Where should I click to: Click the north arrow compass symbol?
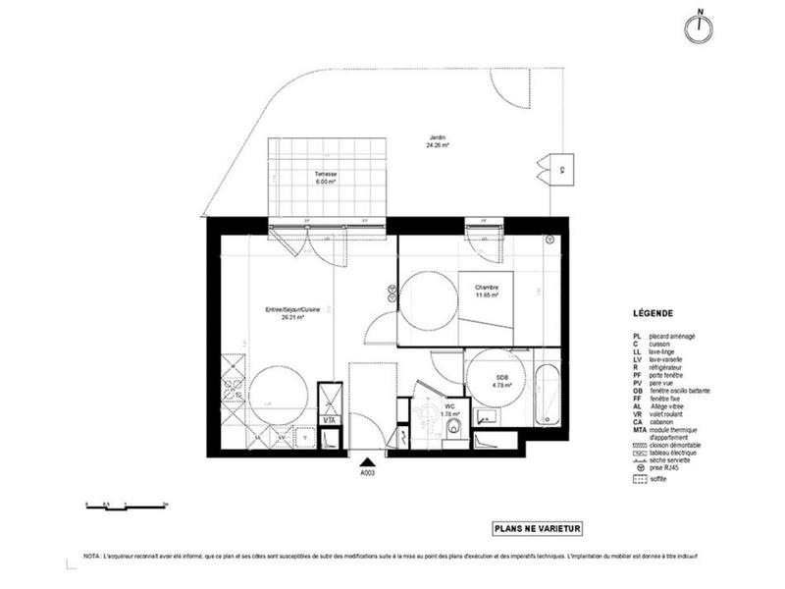[700, 28]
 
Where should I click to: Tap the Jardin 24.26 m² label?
[438, 140]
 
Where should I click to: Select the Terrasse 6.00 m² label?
[326, 178]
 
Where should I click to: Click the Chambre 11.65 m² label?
[488, 291]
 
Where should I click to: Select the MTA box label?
[331, 421]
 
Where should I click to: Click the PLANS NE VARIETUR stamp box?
[538, 528]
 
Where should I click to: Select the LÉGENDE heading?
[653, 316]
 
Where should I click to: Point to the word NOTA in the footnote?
[93, 556]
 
